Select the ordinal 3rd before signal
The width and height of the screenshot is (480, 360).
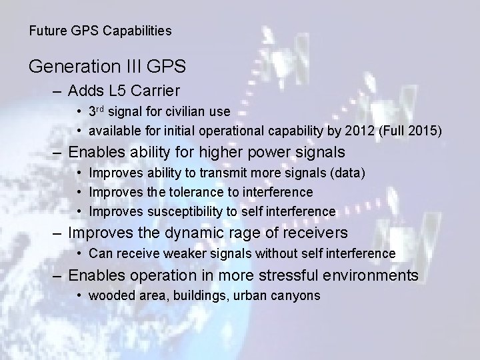pyautogui.click(x=97, y=111)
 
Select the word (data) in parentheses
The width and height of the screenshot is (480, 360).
pyautogui.click(x=351, y=173)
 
